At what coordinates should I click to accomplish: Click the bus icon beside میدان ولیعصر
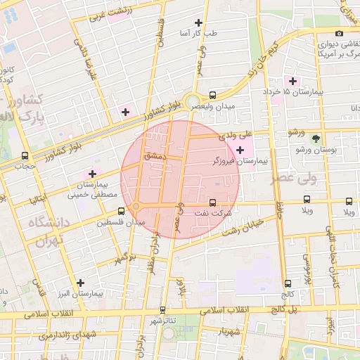(213, 94)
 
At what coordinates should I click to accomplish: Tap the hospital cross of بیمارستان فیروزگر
(241, 149)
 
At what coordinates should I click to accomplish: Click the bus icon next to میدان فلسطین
(122, 210)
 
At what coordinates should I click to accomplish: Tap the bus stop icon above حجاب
(25, 155)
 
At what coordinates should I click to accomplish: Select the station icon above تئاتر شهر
(162, 309)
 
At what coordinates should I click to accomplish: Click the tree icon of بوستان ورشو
(315, 139)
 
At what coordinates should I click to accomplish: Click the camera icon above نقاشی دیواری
(340, 33)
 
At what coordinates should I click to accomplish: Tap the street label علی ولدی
(236, 132)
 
